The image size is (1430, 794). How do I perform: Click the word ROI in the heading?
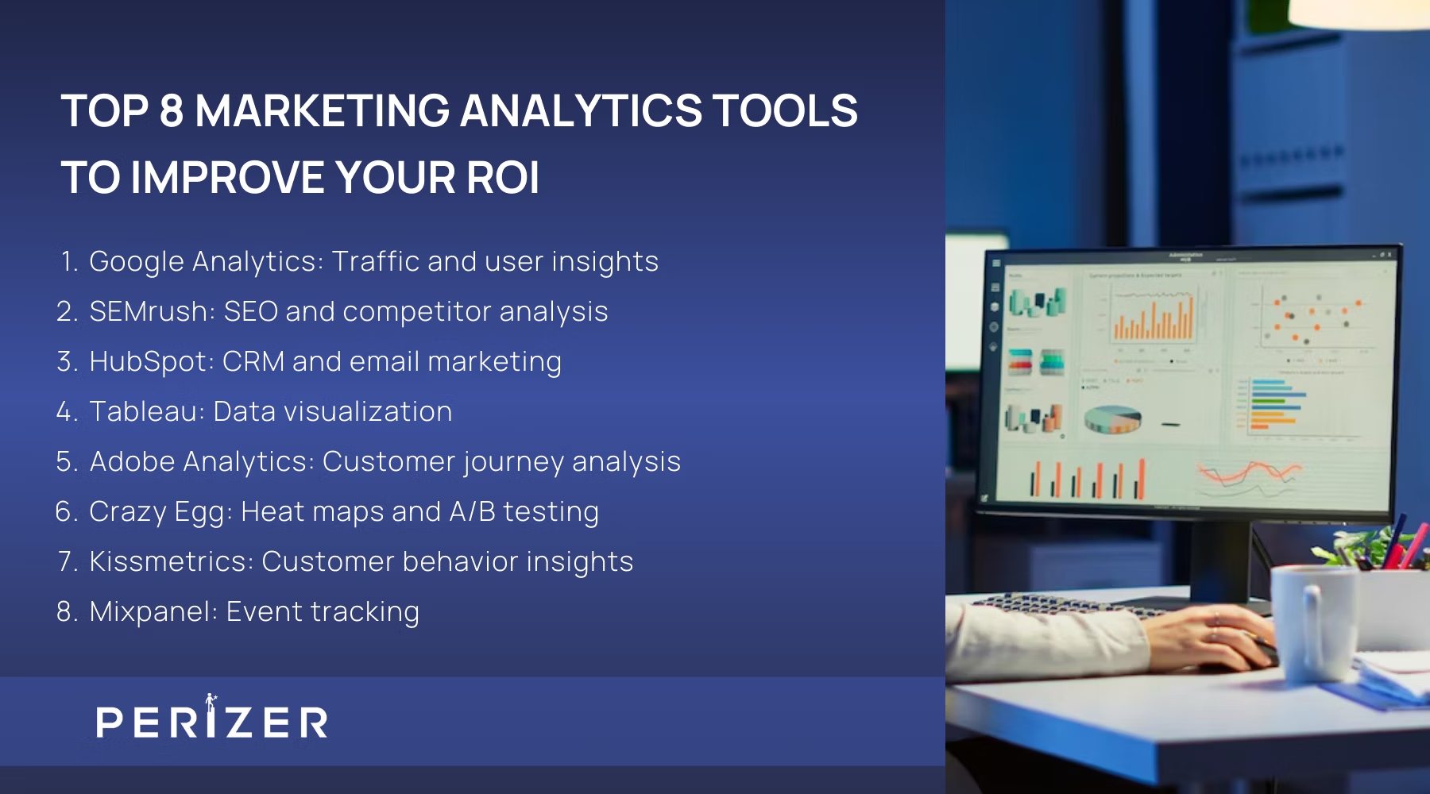[x=503, y=177]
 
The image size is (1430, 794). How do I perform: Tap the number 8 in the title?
[x=172, y=111]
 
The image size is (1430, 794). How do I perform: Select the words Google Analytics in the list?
[x=203, y=262]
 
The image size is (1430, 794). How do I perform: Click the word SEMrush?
[x=149, y=312]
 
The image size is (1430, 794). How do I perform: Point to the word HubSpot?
[x=149, y=362]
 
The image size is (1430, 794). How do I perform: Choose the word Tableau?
[x=145, y=412]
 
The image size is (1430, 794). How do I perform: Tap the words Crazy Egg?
[x=157, y=512]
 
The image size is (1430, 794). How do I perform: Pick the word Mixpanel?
[x=150, y=612]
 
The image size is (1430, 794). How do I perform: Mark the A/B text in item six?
[x=472, y=512]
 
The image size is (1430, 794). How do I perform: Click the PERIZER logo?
[x=211, y=720]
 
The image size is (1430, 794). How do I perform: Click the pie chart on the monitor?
[x=1112, y=418]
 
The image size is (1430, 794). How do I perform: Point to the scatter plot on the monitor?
[x=1311, y=318]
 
